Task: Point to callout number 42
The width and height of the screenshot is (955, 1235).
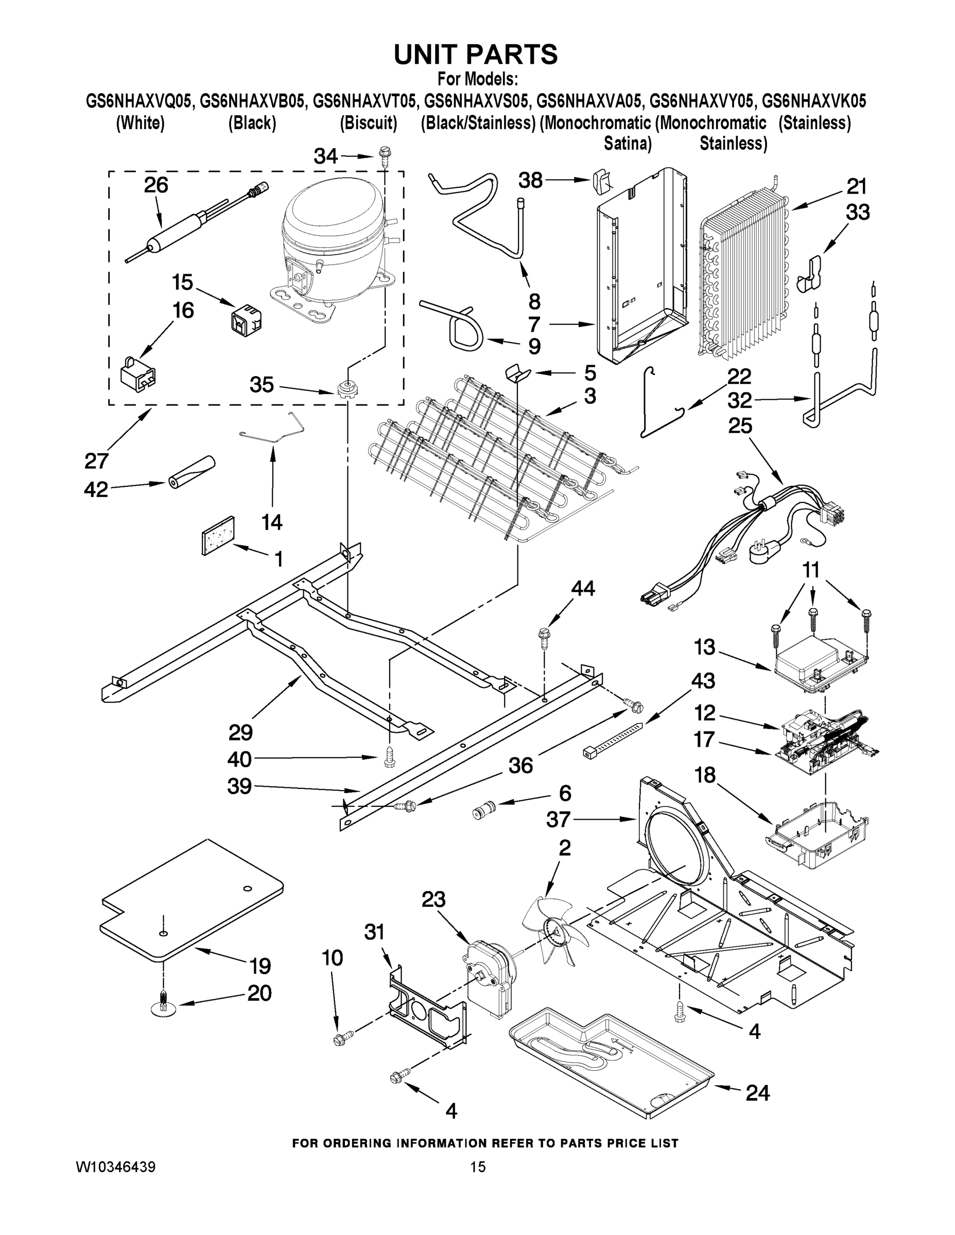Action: [96, 490]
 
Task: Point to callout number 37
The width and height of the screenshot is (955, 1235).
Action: [558, 819]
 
